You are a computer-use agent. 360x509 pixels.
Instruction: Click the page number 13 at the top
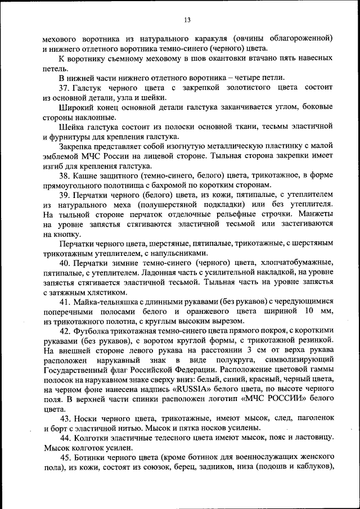point(187,21)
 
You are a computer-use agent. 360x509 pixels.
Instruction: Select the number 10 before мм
point(309,311)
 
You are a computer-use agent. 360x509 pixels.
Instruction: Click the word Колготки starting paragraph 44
point(91,438)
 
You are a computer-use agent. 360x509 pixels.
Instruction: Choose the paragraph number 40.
point(64,263)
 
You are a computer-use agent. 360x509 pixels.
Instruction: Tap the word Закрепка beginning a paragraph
point(76,146)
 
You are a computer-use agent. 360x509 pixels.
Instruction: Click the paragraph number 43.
point(64,418)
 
